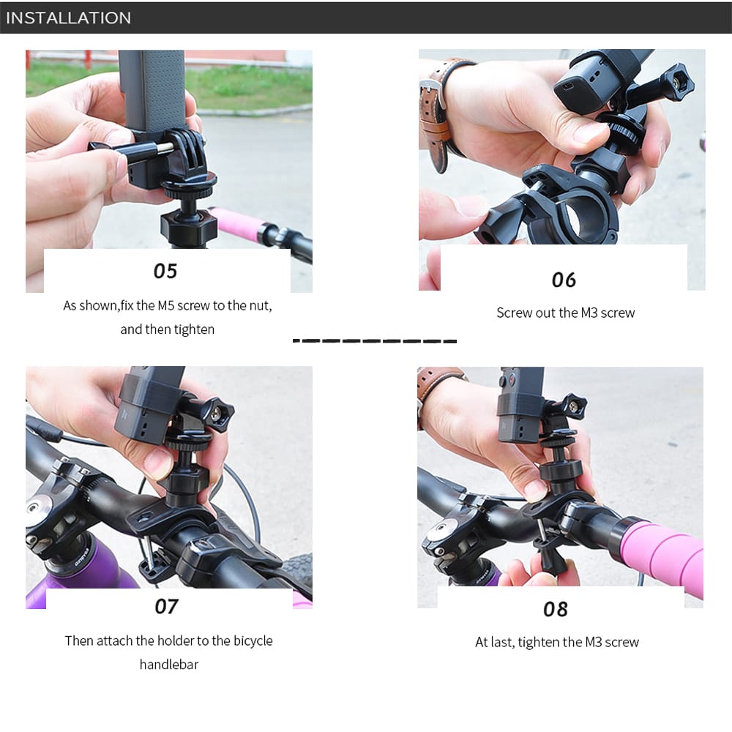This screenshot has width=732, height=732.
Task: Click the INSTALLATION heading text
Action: [69, 18]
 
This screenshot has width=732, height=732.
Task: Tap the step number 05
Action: [165, 272]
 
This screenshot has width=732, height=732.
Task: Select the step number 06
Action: [564, 280]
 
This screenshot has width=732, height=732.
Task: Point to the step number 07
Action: [167, 606]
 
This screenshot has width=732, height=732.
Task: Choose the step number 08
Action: [556, 609]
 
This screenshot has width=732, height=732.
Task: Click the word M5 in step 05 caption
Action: [165, 306]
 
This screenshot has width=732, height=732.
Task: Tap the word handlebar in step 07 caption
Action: [169, 665]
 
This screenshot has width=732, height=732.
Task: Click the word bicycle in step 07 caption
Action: [253, 641]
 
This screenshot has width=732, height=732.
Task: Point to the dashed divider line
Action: [375, 341]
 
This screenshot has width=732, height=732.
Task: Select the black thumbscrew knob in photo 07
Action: [220, 413]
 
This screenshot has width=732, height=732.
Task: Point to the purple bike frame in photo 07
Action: [89, 574]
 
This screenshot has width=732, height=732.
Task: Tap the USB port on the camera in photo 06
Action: [568, 86]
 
